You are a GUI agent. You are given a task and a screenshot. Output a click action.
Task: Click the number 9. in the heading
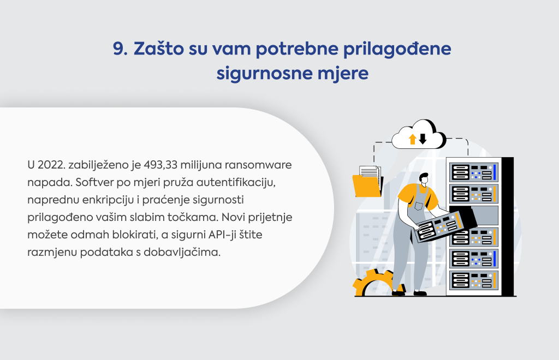[x=120, y=49]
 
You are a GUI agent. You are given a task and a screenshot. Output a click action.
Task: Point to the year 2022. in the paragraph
[x=51, y=165]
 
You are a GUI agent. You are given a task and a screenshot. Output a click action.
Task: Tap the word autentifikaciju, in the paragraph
[x=236, y=182]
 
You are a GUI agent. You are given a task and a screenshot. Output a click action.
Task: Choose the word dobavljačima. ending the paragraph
[x=182, y=253]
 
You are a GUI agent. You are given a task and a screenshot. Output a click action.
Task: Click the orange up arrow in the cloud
[x=413, y=139]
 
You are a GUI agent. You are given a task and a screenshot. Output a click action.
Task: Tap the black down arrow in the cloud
[x=423, y=139]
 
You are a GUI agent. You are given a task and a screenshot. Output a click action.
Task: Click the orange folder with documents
[x=367, y=182]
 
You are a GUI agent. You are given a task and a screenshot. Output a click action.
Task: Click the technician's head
[x=424, y=178]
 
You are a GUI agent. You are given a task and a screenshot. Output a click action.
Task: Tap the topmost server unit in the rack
[x=473, y=172]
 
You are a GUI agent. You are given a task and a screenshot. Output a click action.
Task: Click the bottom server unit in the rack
[x=473, y=280]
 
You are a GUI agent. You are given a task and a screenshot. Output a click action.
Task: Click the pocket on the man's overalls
[x=419, y=206]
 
